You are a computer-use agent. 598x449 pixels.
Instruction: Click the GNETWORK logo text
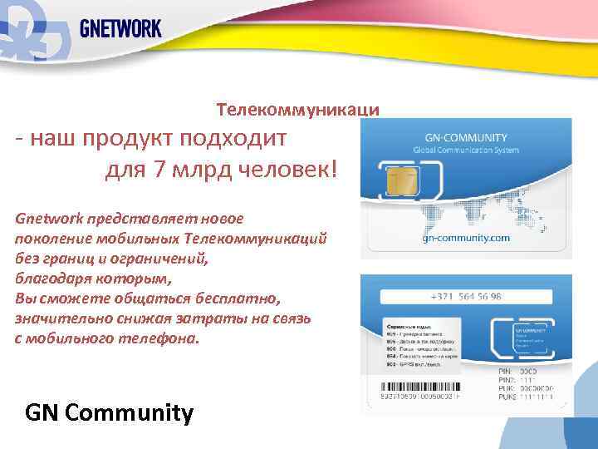coord(120,28)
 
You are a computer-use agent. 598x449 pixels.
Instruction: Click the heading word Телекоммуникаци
coord(298,110)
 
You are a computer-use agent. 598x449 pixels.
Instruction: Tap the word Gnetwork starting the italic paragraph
coord(47,219)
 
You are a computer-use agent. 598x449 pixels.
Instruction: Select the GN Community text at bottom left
coord(110,412)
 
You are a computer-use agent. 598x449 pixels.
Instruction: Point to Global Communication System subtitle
coord(466,150)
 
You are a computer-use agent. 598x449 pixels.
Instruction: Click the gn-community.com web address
coord(466,238)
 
